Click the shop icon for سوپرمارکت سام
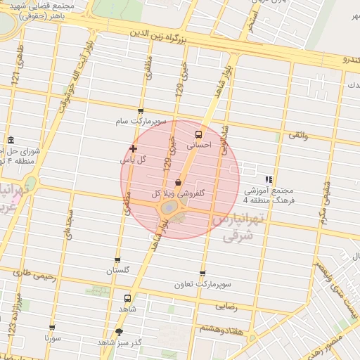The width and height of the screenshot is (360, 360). (141, 111)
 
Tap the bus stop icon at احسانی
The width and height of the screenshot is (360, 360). (198, 134)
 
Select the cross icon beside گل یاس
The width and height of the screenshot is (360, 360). (133, 148)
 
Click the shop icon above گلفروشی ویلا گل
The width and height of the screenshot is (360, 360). (178, 182)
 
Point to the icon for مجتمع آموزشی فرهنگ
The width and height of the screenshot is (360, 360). (268, 179)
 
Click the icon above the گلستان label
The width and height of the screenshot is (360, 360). (117, 260)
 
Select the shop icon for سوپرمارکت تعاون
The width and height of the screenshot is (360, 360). (202, 274)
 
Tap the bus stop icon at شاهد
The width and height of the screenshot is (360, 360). (127, 298)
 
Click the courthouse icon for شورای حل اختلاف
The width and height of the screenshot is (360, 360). (11, 141)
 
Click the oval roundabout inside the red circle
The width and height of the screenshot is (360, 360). (169, 208)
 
